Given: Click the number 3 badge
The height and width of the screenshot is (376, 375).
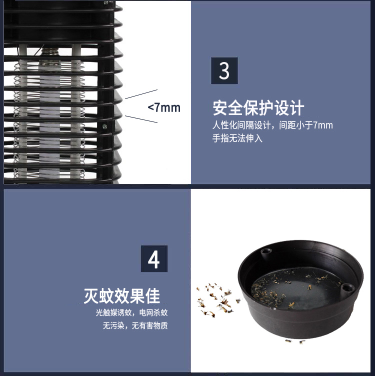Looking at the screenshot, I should click(x=224, y=70).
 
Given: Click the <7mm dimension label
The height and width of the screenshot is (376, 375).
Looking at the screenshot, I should click(x=164, y=107).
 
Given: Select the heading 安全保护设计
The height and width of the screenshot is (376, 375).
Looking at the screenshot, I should click(x=258, y=108).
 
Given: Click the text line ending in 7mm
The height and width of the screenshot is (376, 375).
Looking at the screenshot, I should click(x=272, y=125).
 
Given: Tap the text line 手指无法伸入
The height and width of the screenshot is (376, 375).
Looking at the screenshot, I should click(x=237, y=138).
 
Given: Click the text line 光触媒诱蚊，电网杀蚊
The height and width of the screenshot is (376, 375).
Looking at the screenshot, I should click(x=132, y=313).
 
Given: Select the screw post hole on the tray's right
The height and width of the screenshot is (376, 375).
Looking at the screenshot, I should click(x=346, y=287).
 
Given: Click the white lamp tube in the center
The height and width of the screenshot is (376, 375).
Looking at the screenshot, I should click(x=49, y=115).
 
